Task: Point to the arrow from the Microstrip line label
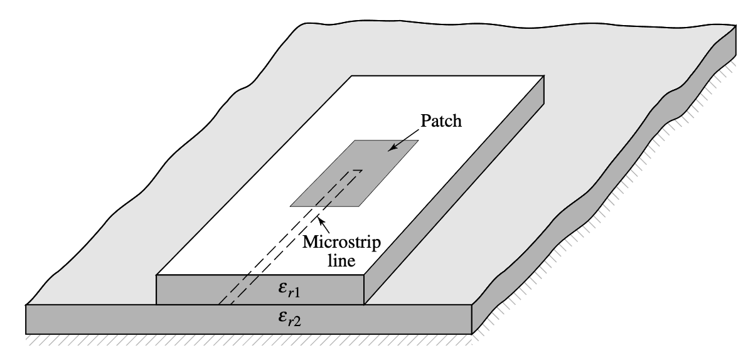click(x=323, y=220)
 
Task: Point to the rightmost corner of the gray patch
click(x=418, y=141)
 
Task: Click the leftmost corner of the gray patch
click(x=290, y=204)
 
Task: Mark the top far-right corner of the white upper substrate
click(x=545, y=78)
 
